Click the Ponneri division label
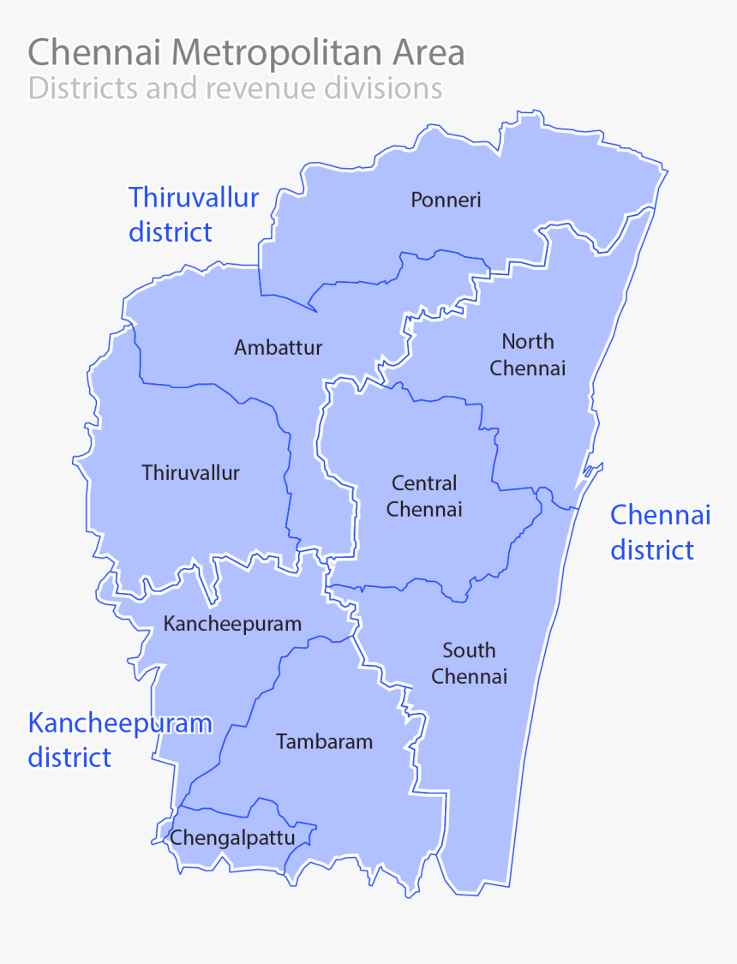tap(446, 201)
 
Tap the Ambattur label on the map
tap(279, 348)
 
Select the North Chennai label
tap(528, 355)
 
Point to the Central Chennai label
tap(424, 496)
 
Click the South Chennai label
tap(469, 663)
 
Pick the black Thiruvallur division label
tap(191, 473)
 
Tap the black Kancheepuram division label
tap(232, 624)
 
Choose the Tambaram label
tap(324, 742)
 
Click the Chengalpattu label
tap(232, 837)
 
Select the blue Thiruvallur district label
tap(194, 214)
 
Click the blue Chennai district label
tap(660, 532)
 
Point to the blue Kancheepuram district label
tap(120, 739)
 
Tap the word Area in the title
tap(428, 53)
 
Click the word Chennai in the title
tap(96, 53)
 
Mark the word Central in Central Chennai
tap(424, 483)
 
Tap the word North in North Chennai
tap(528, 342)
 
